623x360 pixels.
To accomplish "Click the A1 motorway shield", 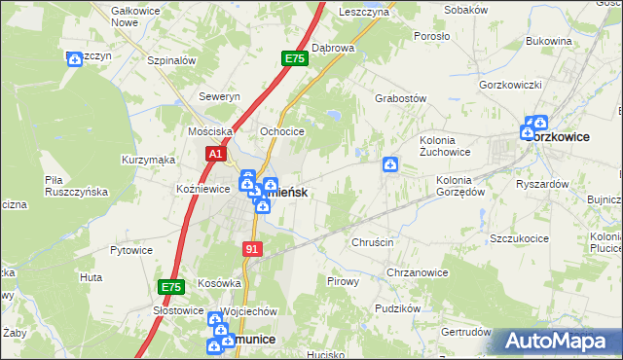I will point(216,154).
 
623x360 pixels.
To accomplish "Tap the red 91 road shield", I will point(253,250).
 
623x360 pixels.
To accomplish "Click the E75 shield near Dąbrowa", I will point(295,59).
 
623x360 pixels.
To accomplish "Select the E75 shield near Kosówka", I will point(171,287).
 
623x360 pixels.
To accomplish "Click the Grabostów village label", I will point(401,98).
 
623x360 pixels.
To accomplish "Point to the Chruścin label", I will point(372,242).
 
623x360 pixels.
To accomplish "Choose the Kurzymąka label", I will point(148,159).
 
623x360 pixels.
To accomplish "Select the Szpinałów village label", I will point(171,60).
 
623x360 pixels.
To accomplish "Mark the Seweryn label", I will point(219,97).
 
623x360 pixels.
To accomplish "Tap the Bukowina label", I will point(548,41).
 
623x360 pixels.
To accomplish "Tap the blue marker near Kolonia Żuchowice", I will point(390,165).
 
